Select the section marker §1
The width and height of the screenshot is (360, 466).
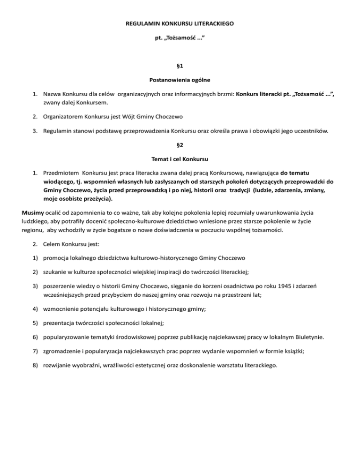(180, 67)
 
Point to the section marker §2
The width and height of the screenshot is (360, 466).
(180, 145)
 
